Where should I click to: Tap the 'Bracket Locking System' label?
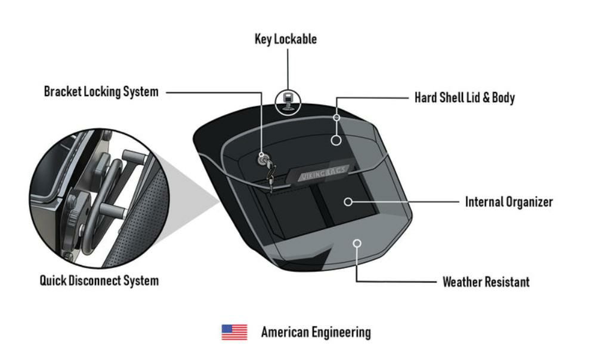click(101, 92)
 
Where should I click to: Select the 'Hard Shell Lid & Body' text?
click(464, 97)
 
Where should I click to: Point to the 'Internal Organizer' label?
click(508, 202)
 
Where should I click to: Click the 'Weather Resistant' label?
click(486, 281)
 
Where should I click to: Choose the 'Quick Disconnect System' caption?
click(99, 280)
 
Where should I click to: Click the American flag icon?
click(234, 332)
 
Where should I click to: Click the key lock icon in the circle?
click(288, 101)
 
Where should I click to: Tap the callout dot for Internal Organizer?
click(348, 202)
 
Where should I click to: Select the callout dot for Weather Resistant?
click(357, 243)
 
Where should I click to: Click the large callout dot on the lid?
click(336, 140)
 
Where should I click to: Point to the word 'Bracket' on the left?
click(62, 92)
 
